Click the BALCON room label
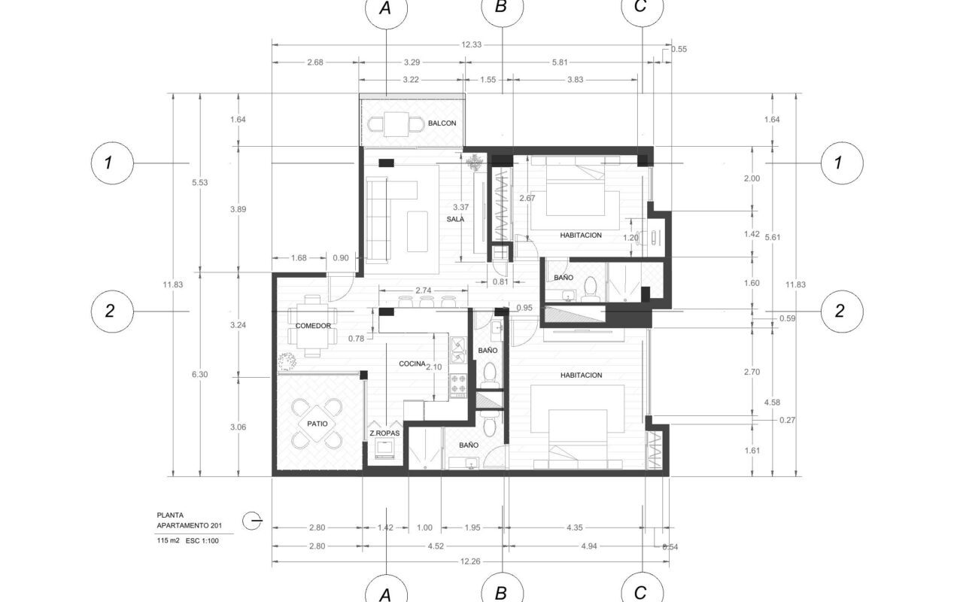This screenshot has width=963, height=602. pyautogui.click(x=442, y=123)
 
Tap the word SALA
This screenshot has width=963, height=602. pyautogui.click(x=455, y=219)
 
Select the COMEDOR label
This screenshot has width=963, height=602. pyautogui.click(x=313, y=326)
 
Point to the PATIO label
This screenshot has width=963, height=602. pyautogui.click(x=317, y=424)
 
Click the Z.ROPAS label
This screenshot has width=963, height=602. pyautogui.click(x=384, y=433)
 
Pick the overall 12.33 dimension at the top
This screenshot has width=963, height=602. pyautogui.click(x=471, y=44)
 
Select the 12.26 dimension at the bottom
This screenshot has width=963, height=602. pyautogui.click(x=470, y=561)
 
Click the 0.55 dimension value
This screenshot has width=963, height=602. pyautogui.click(x=679, y=50)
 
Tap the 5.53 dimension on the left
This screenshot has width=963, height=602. pyautogui.click(x=200, y=183)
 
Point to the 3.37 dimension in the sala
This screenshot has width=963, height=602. pyautogui.click(x=461, y=207)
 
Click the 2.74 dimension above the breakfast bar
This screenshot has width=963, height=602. pyautogui.click(x=424, y=291)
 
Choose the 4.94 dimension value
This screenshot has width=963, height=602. pyautogui.click(x=589, y=546)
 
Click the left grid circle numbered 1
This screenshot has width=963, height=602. pyautogui.click(x=112, y=163)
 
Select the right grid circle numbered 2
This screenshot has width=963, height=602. pyautogui.click(x=842, y=312)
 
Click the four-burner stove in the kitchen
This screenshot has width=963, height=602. pyautogui.click(x=458, y=385)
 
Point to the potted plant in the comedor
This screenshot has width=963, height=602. pyautogui.click(x=287, y=361)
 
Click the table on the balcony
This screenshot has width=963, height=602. pyautogui.click(x=396, y=124)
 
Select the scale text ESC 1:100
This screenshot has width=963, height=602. pyautogui.click(x=202, y=541)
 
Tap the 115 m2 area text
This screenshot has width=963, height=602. pyautogui.click(x=168, y=540)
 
